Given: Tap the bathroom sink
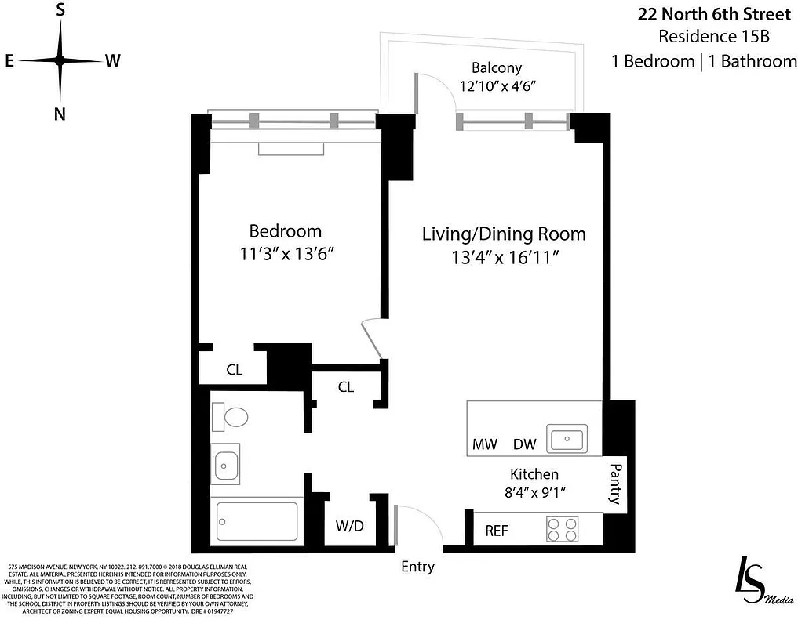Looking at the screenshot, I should coord(226,466).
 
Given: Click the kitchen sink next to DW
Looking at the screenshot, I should coord(568,439).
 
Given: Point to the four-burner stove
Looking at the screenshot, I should coord(562,529).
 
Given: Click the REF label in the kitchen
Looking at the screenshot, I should coord(497,531).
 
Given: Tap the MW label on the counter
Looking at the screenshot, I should coord(485,444).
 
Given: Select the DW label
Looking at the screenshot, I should coord(524,444).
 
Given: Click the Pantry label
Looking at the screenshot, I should coord(615,483).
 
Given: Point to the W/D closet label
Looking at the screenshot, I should coord(350,525).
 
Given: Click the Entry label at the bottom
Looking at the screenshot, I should coord(417,567).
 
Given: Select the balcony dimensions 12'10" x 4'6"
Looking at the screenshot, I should coord(496,86).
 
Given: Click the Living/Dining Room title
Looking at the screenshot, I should coord(504,234).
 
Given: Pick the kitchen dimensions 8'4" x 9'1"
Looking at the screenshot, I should coord(534,493).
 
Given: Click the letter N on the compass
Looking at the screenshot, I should coord(60,114).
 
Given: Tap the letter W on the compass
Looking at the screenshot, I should coord(112,61).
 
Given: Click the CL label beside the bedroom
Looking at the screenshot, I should coord(234,370).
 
